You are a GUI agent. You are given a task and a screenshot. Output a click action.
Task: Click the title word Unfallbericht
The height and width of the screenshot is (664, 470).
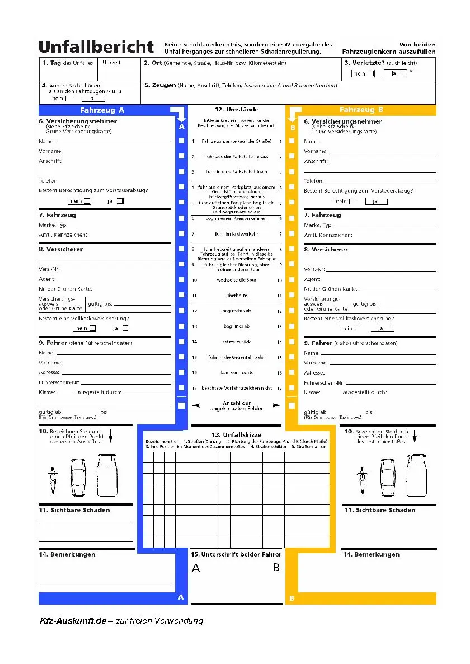[x=96, y=46]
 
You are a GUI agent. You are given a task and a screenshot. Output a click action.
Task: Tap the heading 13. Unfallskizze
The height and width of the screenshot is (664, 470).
[x=236, y=435]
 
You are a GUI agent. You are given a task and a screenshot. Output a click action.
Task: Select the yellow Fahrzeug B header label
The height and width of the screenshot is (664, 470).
[x=361, y=110]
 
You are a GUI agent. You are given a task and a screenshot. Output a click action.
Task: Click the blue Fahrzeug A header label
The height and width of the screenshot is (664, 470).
[x=102, y=110]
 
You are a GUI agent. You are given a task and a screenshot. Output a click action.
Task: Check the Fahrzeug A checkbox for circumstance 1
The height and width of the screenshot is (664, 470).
[x=181, y=142]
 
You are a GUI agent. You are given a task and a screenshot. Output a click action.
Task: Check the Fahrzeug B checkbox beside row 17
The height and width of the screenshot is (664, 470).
[x=292, y=387]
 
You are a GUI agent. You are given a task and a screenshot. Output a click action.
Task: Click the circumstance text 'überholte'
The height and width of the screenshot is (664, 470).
[x=236, y=295]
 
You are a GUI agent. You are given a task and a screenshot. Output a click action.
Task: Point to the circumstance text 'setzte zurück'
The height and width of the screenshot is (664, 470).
[x=237, y=342]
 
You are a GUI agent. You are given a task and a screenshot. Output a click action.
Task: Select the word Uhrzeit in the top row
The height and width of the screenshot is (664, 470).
[x=111, y=63]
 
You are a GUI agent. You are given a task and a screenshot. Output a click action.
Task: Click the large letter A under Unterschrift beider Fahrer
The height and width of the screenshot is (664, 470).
[x=196, y=568]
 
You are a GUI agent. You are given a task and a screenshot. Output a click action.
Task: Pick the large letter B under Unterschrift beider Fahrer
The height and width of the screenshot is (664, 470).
[x=276, y=567]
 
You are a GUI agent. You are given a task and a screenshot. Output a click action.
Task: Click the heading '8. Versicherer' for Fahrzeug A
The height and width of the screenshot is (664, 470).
[x=61, y=249]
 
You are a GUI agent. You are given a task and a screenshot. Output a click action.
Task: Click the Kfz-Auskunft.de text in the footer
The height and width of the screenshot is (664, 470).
[x=73, y=621]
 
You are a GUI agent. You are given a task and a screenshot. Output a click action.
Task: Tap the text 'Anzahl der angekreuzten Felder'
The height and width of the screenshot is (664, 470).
[x=237, y=406]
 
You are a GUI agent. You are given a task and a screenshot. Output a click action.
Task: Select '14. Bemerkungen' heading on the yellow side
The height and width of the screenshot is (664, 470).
[x=371, y=554]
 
